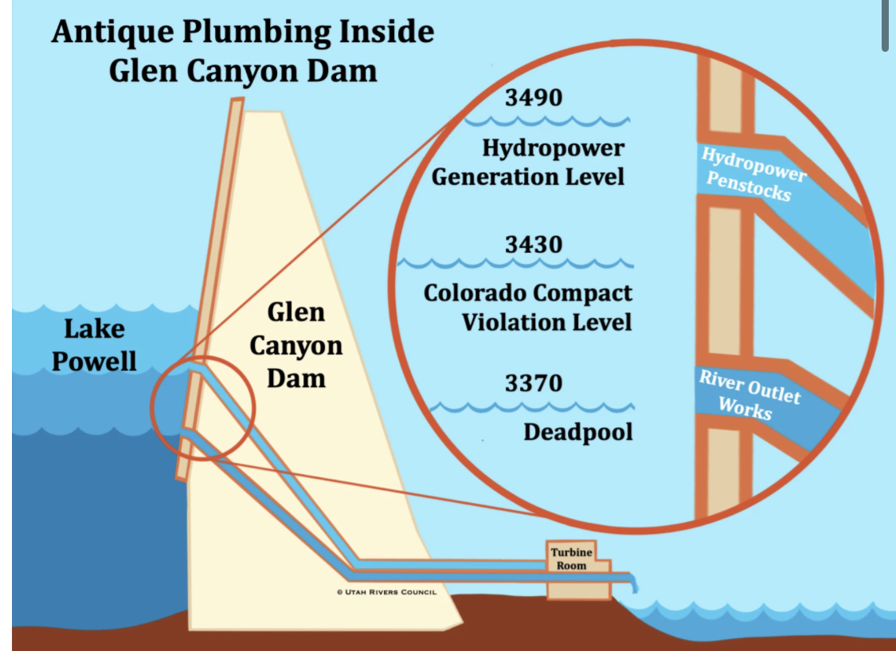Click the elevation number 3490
pyautogui.click(x=534, y=97)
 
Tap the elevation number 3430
pyautogui.click(x=534, y=244)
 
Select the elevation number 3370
pyautogui.click(x=534, y=383)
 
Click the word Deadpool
pyautogui.click(x=578, y=432)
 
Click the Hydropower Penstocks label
pyautogui.click(x=752, y=174)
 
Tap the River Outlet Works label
pyautogui.click(x=749, y=394)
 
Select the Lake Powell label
pyautogui.click(x=95, y=345)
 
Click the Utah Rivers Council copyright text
pyautogui.click(x=386, y=592)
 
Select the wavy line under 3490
pyautogui.click(x=547, y=122)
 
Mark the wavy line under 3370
pyautogui.click(x=532, y=408)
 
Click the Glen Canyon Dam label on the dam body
pyautogui.click(x=295, y=345)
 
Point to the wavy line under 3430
pyautogui.click(x=516, y=262)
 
